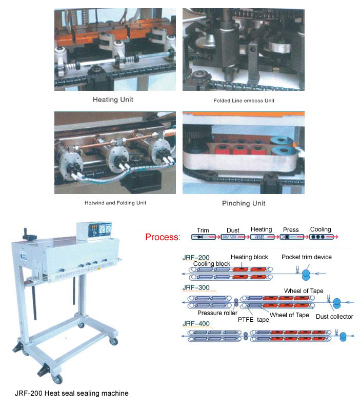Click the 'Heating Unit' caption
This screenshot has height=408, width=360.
[x=113, y=100]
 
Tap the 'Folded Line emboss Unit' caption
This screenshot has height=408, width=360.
[x=244, y=101]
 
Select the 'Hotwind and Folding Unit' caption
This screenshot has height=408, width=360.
[x=115, y=203]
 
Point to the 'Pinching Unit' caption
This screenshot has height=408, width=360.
[x=244, y=203]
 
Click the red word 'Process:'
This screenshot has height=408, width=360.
[x=163, y=237]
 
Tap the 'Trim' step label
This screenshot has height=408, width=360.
[x=203, y=230]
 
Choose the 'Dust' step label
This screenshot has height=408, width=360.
[x=233, y=230]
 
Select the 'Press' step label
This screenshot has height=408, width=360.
[x=291, y=230]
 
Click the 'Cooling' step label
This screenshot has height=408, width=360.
[x=321, y=229]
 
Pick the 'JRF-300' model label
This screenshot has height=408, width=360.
[x=196, y=287]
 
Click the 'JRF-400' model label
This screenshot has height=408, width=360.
[x=196, y=323]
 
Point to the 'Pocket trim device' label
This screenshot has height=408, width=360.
[x=307, y=257]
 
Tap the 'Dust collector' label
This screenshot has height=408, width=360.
[x=334, y=317]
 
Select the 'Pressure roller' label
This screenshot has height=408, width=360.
[x=217, y=313]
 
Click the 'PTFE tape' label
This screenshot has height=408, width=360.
[x=253, y=320]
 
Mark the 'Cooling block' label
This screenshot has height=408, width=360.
[x=212, y=264]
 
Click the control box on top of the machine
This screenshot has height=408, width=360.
[x=94, y=230]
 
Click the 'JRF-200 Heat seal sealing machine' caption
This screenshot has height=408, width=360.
[x=71, y=393]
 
